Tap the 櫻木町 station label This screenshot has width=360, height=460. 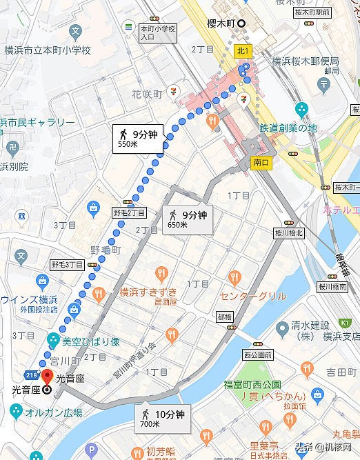(221, 23)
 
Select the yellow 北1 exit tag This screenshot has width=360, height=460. (242, 50)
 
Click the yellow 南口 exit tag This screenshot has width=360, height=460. (260, 163)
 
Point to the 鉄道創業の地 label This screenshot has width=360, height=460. (288, 128)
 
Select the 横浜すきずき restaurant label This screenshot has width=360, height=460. (148, 292)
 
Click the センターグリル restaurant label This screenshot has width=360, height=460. (253, 296)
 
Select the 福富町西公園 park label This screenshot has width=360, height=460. (252, 383)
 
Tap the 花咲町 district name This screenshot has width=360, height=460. (147, 94)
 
